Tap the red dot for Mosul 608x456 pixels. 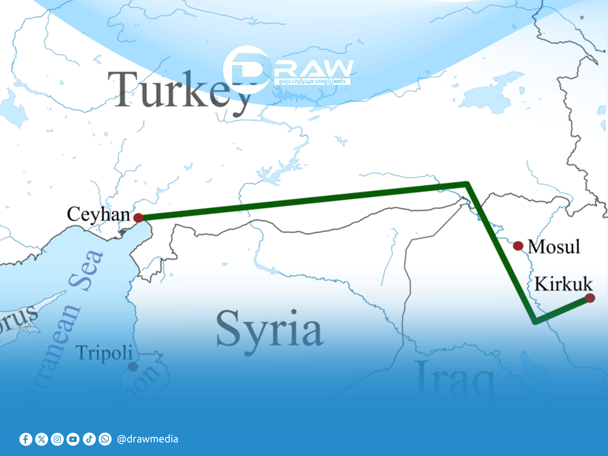(x=518, y=246)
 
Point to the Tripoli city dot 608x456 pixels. (x=133, y=367)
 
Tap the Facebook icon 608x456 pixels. (x=26, y=439)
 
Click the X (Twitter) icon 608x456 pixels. (x=42, y=439)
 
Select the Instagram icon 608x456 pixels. (x=57, y=439)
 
